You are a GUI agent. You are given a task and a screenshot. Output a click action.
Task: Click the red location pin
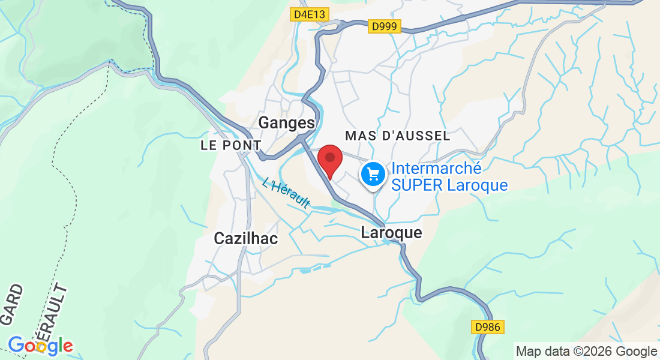point(329,159)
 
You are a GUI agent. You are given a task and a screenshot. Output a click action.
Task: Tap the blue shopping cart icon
point(373,175)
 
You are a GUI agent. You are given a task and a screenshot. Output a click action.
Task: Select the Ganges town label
point(286,123)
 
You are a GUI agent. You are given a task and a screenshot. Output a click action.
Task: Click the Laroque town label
point(391,233)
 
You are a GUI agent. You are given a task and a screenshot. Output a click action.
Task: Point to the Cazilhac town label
point(246,238)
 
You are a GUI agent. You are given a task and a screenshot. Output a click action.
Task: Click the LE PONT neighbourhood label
point(231,145)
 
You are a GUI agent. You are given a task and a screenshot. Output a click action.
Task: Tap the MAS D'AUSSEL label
point(397,136)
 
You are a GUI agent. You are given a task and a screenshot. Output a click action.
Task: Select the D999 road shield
point(384,26)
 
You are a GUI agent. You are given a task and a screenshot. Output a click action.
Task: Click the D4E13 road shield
point(309,14)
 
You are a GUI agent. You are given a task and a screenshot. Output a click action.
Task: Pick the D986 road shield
point(487,327)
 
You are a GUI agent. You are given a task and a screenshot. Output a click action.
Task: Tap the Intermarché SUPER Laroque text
point(449,176)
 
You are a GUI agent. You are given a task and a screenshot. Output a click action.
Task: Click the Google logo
point(40,346)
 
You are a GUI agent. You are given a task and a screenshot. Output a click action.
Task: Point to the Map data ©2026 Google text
point(586,352)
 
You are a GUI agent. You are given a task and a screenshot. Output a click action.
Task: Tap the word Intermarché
point(437,168)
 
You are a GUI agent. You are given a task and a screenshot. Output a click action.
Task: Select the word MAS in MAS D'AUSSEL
point(360,136)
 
